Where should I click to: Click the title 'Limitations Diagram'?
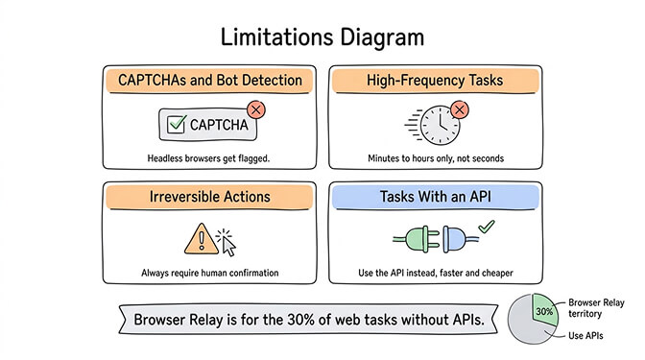pos(322,37)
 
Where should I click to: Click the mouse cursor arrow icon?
pos(227,243)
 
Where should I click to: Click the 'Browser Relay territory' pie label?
pos(603,308)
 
